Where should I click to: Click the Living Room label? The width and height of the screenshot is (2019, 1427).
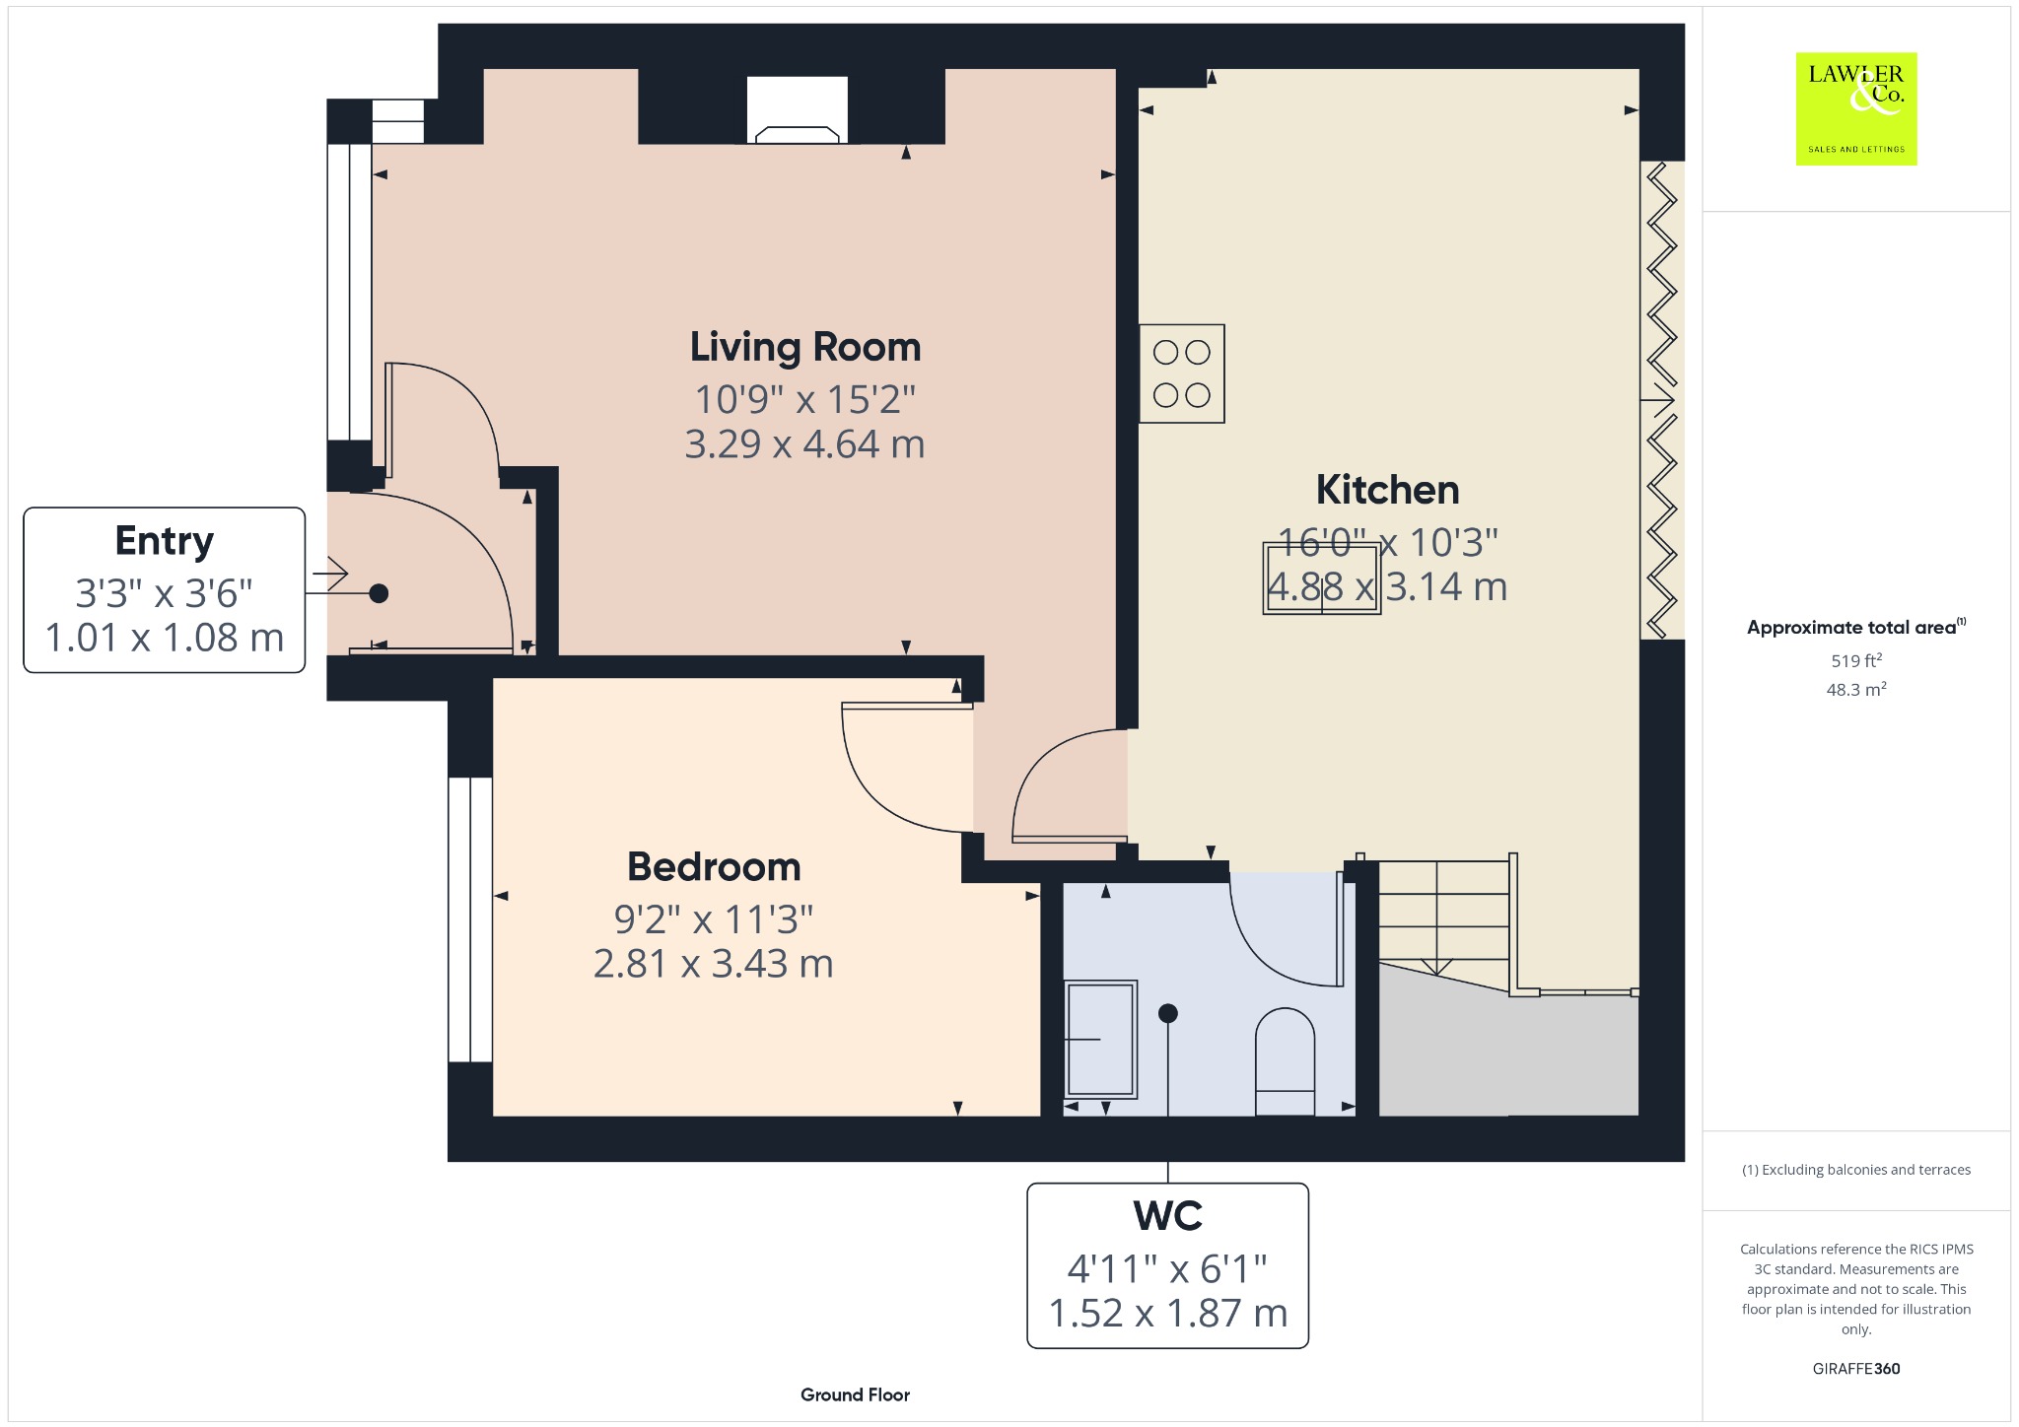point(805,347)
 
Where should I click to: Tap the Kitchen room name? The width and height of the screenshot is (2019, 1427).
point(1387,490)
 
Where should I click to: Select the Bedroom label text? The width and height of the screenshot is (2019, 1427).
point(714,867)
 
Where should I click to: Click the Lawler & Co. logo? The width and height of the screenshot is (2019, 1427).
point(1856,108)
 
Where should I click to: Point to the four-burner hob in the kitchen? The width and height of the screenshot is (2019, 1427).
point(1181,374)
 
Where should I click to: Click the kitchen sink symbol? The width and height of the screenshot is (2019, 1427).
point(1321,578)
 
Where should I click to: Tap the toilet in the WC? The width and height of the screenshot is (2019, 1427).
point(1285,1061)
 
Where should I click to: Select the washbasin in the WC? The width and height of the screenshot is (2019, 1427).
point(1100,1039)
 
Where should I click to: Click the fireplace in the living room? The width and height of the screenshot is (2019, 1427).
point(797,110)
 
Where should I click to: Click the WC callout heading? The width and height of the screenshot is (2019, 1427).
point(1168,1216)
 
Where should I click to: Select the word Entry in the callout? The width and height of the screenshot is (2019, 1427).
point(164,542)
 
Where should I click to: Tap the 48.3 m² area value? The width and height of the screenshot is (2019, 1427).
point(1856,689)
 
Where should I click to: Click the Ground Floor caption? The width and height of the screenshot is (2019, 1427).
point(855,1394)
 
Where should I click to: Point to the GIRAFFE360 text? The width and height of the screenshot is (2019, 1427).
point(1856,1368)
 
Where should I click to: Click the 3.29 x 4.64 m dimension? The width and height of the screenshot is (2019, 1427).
point(804,444)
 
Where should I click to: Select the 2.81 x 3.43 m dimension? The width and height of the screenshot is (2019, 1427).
point(713,963)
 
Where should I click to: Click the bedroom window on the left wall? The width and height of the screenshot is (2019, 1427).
point(470,919)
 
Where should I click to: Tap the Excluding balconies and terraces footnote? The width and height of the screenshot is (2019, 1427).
point(1856,1170)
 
